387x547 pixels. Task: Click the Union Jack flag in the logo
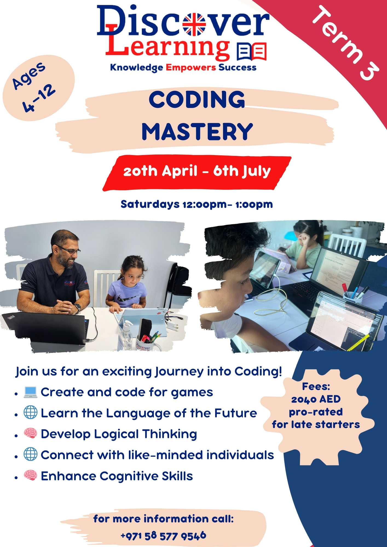(x=194, y=24)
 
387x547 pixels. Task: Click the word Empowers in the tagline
(x=191, y=67)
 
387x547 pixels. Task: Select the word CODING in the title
(x=197, y=100)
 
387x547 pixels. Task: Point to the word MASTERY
(x=197, y=132)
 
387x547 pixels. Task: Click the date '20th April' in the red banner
(x=160, y=171)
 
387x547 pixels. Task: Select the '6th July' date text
(x=242, y=171)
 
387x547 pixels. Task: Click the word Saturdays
(x=150, y=204)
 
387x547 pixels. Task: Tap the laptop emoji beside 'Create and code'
(x=30, y=392)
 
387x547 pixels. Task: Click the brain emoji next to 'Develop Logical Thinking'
(x=30, y=433)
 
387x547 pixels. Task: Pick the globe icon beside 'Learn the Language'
(x=30, y=412)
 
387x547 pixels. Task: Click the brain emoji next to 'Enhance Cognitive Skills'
(x=30, y=475)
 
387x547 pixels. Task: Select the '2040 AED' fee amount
(x=316, y=399)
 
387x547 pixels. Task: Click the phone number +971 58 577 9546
(x=163, y=536)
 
